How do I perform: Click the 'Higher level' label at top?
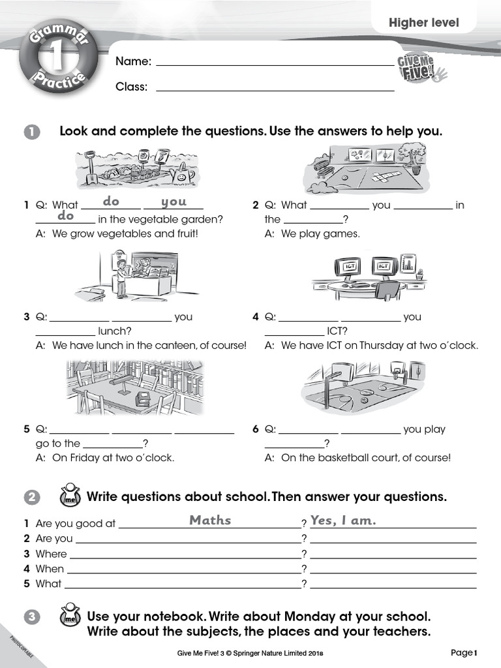424,23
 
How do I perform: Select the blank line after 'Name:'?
275,63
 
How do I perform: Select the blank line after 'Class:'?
275,87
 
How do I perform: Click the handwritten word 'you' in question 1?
174,202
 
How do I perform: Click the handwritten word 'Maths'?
210,520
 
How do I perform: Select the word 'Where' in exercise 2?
52,554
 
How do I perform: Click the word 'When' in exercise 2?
50,569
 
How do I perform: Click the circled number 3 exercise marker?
32,617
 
